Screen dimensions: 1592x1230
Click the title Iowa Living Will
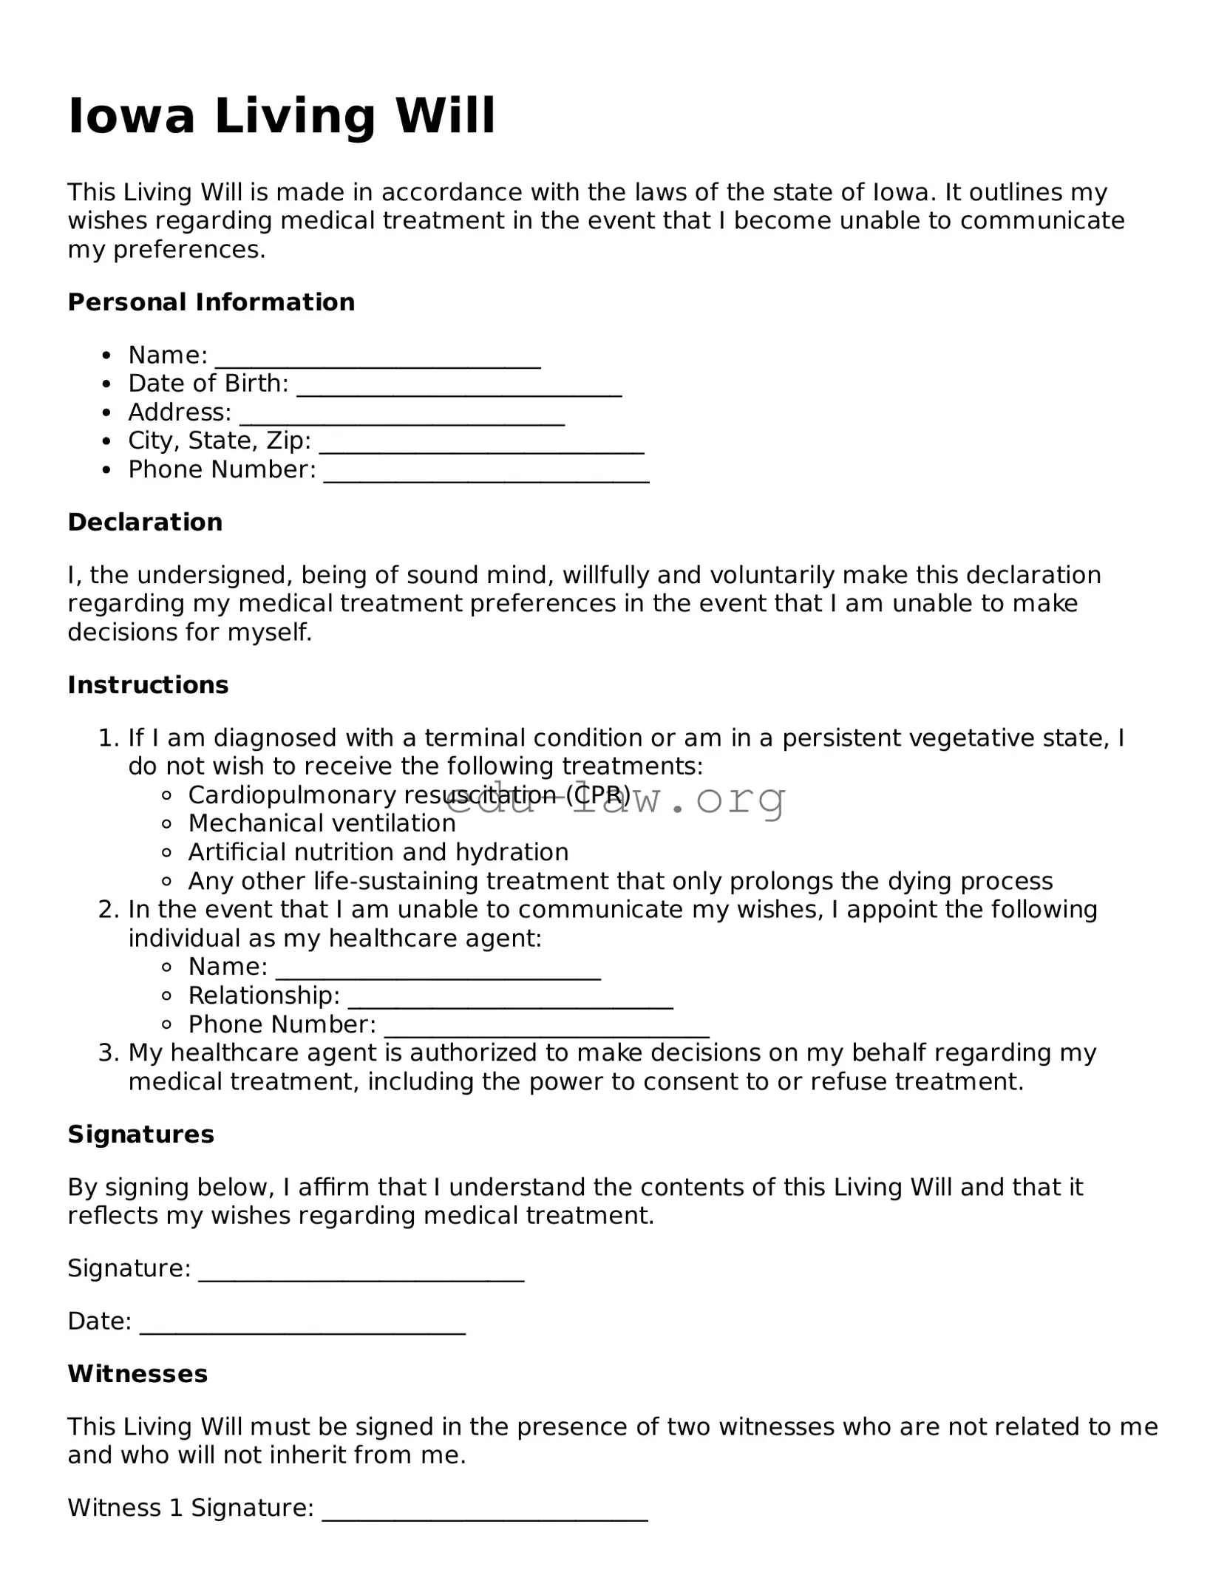(281, 116)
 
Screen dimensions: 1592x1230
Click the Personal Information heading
(211, 302)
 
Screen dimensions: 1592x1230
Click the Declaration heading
(145, 523)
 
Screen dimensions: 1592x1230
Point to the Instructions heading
(148, 685)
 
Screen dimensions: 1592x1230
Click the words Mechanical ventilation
(322, 823)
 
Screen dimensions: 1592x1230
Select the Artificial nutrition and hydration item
(378, 852)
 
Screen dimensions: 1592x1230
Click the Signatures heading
(140, 1135)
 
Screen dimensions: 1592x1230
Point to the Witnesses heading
(137, 1374)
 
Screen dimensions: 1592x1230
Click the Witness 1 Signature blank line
(485, 1512)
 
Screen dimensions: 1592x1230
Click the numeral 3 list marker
(108, 1052)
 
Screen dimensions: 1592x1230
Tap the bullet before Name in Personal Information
(108, 356)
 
